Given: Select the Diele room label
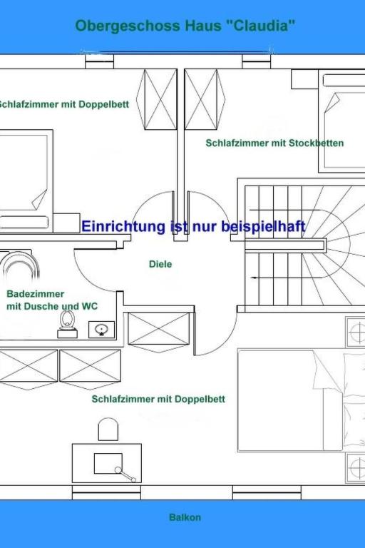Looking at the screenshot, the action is pyautogui.click(x=160, y=264).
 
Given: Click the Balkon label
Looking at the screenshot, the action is pyautogui.click(x=185, y=517).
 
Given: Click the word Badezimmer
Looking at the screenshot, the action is pyautogui.click(x=35, y=294).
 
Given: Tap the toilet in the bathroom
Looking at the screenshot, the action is pyautogui.click(x=67, y=324).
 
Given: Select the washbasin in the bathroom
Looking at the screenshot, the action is pyautogui.click(x=101, y=330).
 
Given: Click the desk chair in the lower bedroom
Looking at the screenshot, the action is pyautogui.click(x=108, y=430).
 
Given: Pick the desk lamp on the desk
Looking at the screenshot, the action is pyautogui.click(x=125, y=475).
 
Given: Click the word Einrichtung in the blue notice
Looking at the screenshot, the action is pyautogui.click(x=123, y=226).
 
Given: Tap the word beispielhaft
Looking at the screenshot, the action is pyautogui.click(x=263, y=226).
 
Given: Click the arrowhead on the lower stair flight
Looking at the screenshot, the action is pyautogui.click(x=254, y=278).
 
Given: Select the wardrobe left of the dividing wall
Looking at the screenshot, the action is pyautogui.click(x=156, y=100).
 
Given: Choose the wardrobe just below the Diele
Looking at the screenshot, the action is pyautogui.click(x=158, y=329).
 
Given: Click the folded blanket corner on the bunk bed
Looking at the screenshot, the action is pyautogui.click(x=331, y=102).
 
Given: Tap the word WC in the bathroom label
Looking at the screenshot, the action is pyautogui.click(x=90, y=307).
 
